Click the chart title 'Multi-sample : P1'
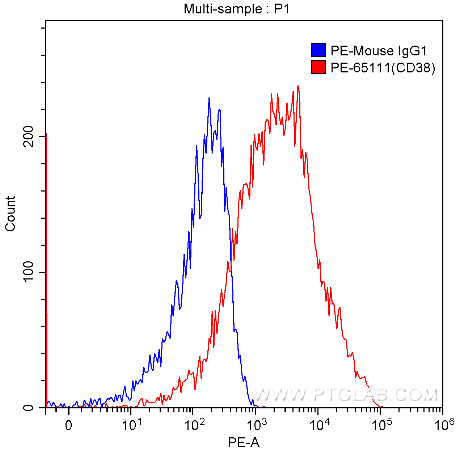237,9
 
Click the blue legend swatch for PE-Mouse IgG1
318,50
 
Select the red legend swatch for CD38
318,67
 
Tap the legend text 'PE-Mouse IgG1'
379,51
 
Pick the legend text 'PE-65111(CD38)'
383,67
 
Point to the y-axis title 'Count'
10,214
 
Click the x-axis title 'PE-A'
244,442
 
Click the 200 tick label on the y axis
28,136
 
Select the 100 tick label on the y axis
28,272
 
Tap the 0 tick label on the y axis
28,408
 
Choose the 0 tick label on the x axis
68,425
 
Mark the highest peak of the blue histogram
209,98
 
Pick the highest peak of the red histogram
297,86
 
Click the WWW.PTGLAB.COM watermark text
346,395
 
